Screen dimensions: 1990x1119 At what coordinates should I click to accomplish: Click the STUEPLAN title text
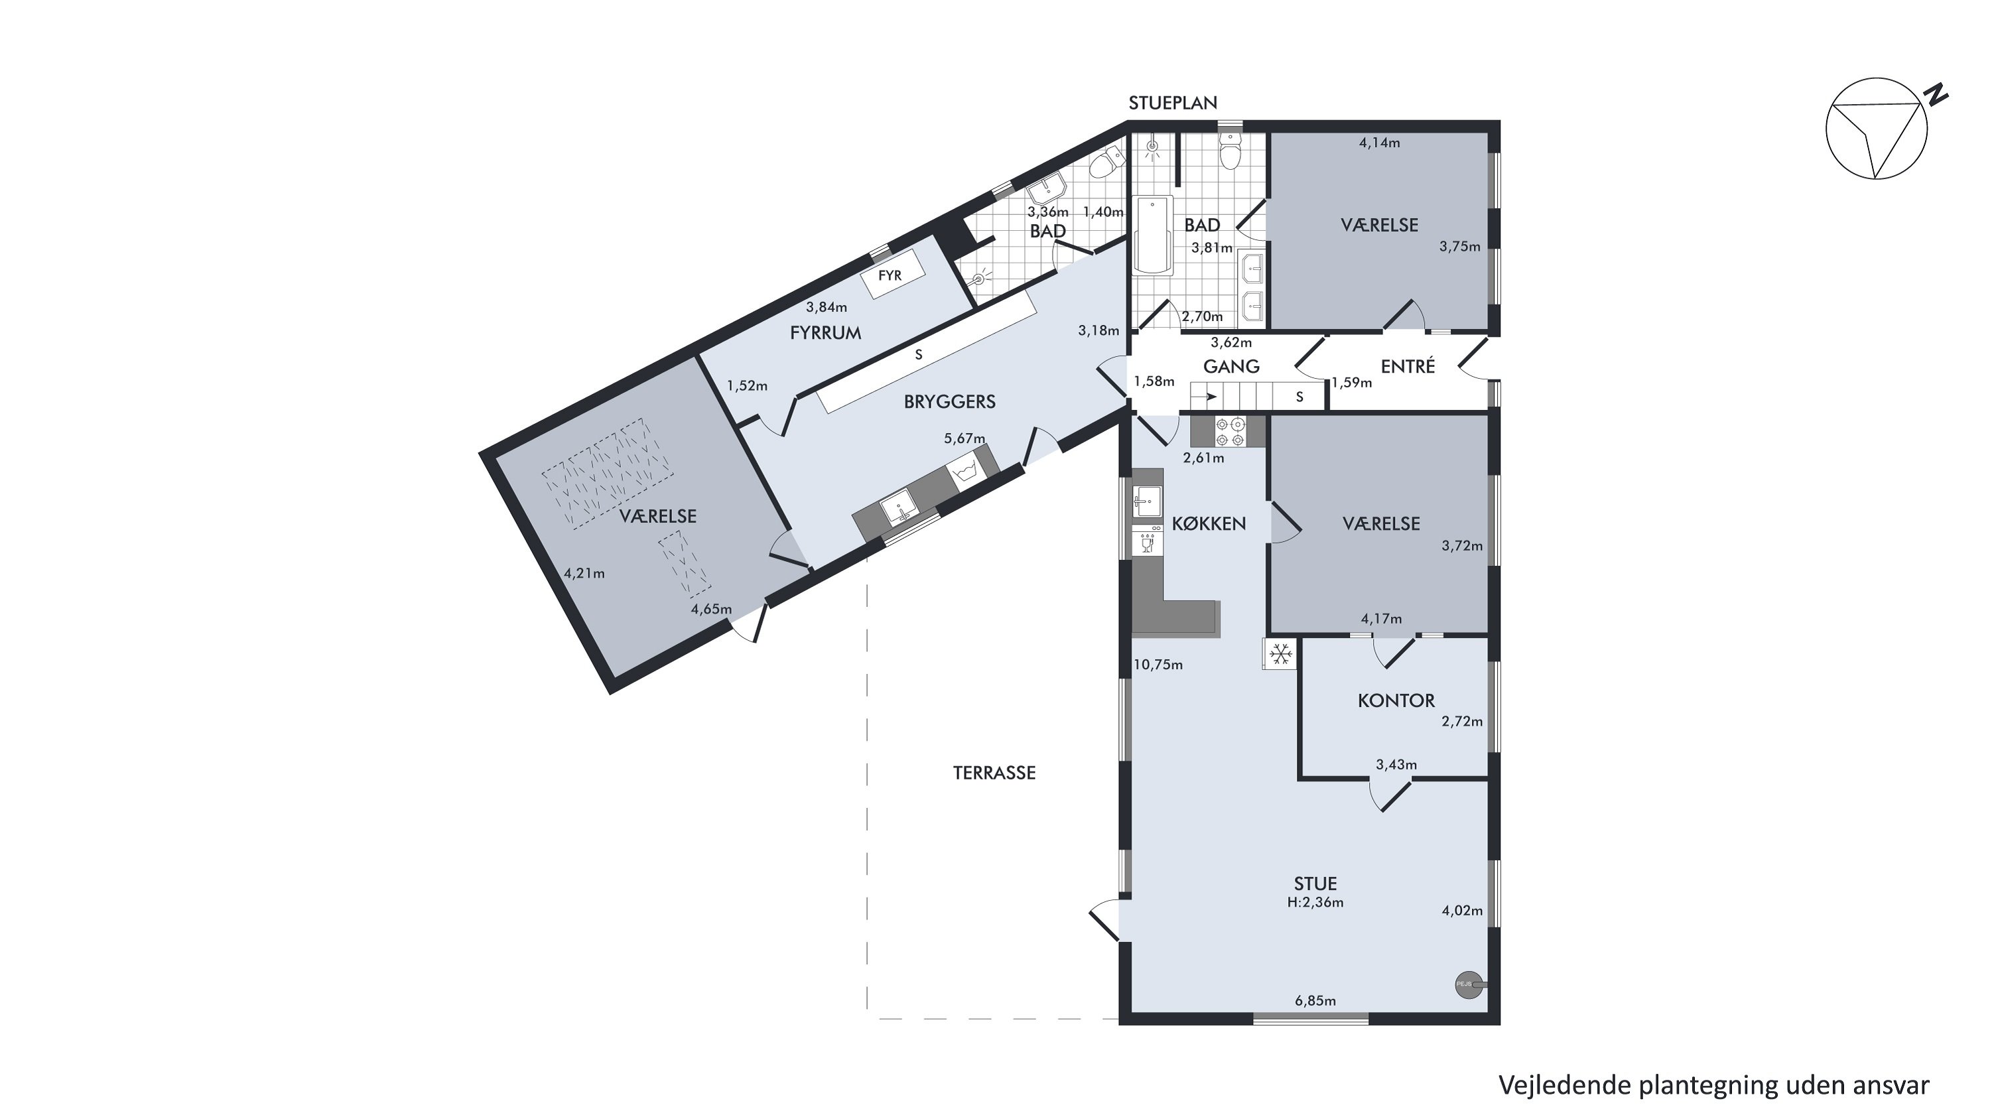[x=1173, y=103]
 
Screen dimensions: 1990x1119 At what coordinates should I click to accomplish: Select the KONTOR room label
[x=1396, y=700]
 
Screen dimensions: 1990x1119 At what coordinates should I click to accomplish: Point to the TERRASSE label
[x=994, y=773]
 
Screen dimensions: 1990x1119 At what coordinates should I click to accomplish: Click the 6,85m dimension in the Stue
[x=1315, y=1001]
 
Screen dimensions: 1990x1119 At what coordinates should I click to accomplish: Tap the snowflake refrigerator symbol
[x=1281, y=654]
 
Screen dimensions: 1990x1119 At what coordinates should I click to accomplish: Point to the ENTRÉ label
[x=1408, y=366]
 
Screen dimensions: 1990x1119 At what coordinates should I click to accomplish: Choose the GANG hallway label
[x=1231, y=366]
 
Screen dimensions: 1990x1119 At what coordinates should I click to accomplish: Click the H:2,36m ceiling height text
[x=1315, y=902]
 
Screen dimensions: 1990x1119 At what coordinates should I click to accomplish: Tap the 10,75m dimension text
[x=1158, y=665]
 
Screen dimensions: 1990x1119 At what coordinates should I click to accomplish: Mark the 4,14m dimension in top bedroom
[x=1380, y=143]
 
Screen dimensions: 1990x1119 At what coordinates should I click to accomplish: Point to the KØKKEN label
[x=1209, y=523]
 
